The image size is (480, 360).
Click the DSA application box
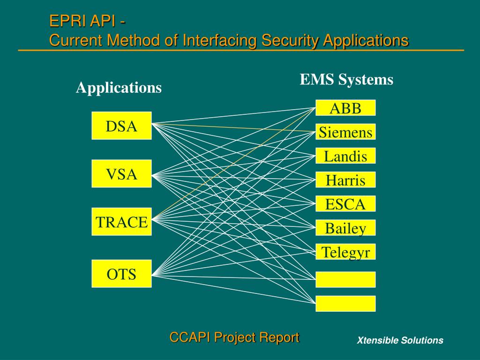pos(121,126)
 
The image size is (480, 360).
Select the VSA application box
pos(121,174)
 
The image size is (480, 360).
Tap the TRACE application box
pos(121,222)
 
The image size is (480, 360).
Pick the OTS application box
pos(121,273)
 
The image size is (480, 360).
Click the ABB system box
pos(345,108)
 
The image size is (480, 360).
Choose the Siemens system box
pos(345,132)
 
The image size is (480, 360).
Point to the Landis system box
pos(345,156)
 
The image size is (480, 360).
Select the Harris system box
pos(345,180)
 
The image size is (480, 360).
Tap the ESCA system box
pos(345,204)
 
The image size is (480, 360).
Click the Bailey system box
pos(345,228)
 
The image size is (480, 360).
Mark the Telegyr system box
pos(345,252)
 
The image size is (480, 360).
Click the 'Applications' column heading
pos(119,88)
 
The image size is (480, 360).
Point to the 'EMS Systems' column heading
pos(346,80)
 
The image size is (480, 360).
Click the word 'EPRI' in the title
pos(64,22)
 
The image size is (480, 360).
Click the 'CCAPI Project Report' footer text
pos(234,337)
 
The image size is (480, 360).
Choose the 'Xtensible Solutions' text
pos(400,341)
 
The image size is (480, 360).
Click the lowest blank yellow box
pos(345,303)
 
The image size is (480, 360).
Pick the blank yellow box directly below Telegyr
pos(345,279)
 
